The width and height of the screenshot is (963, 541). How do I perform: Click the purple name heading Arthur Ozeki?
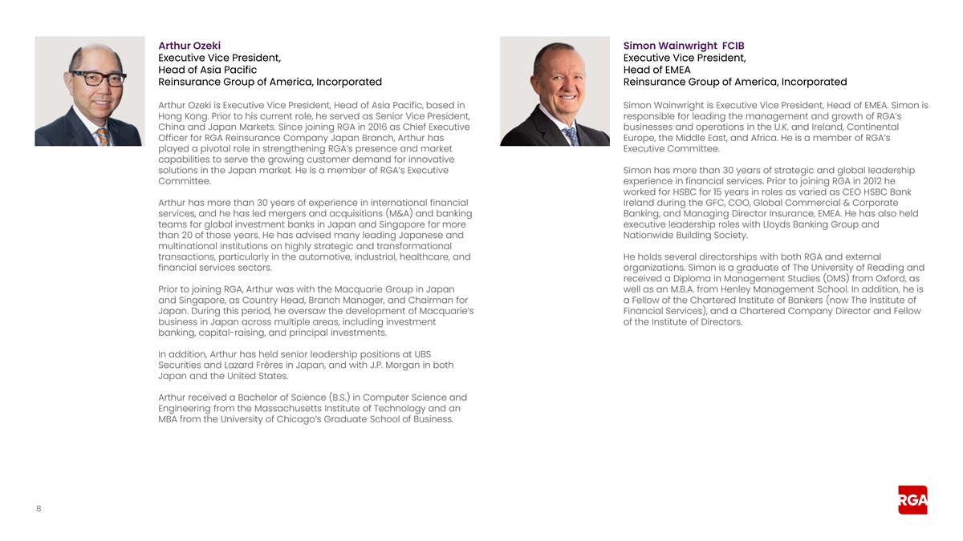coord(189,46)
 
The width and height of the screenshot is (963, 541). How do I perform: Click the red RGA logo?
coord(912,500)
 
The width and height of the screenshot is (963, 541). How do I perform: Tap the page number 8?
coord(39,507)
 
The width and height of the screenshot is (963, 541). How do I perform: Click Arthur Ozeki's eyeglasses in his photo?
coord(100,79)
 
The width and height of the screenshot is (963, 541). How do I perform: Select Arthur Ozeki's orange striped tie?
coord(102,136)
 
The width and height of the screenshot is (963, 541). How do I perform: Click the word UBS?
coord(423,354)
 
